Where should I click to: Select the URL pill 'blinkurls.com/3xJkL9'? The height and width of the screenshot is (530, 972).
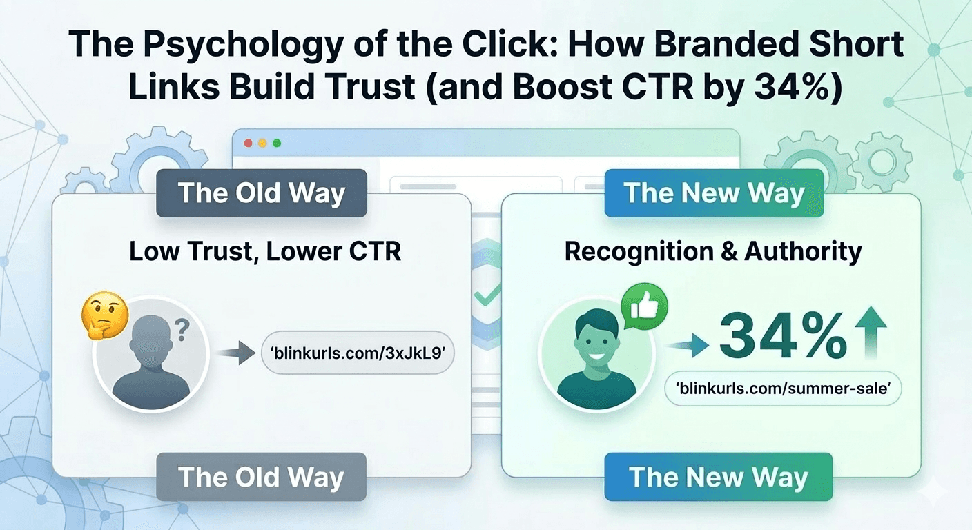358,354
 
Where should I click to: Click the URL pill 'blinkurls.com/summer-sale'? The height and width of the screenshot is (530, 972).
783,389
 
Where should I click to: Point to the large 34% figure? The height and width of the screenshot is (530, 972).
784,335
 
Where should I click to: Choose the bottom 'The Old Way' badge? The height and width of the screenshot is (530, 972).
261,477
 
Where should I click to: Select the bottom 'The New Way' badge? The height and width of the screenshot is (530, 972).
718,477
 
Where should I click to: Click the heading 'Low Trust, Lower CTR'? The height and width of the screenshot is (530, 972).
265,251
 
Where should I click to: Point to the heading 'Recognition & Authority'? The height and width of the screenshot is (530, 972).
713,252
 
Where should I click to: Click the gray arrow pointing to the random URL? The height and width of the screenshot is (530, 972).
233,355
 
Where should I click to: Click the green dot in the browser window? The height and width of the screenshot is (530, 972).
277,143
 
